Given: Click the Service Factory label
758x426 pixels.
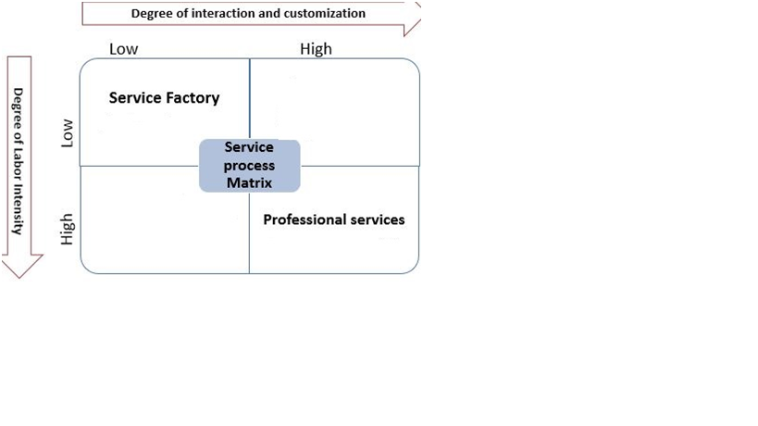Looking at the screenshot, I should [x=164, y=97].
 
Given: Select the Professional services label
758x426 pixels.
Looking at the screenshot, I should [x=333, y=219].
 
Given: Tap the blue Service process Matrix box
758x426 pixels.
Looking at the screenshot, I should [x=250, y=166].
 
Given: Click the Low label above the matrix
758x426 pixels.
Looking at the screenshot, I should [x=123, y=49].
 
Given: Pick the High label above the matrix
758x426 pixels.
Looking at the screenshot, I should [x=316, y=49].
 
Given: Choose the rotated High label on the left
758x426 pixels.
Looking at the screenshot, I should [x=67, y=230].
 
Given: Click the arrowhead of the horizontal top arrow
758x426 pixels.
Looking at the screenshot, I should [x=411, y=16].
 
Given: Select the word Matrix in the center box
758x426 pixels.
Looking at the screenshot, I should [x=250, y=182].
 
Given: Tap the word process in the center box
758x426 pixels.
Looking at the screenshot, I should [x=250, y=166].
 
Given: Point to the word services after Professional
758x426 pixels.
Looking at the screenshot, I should [x=376, y=219].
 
